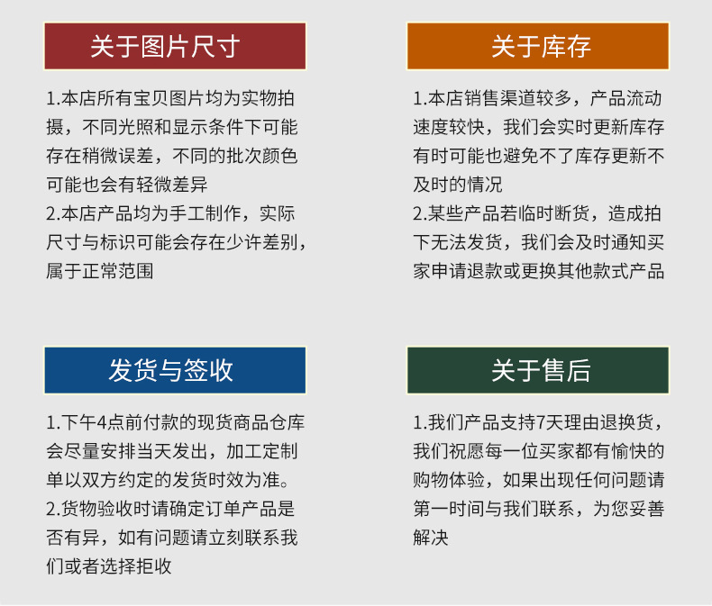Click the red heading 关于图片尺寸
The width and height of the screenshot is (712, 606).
pyautogui.click(x=175, y=46)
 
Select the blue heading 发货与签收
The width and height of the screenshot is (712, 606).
pyautogui.click(x=175, y=370)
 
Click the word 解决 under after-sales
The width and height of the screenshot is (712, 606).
pyautogui.click(x=431, y=538)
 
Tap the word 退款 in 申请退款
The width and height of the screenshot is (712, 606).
pyautogui.click(x=499, y=270)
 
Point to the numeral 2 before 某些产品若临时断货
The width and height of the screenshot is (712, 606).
pyautogui.click(x=418, y=213)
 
